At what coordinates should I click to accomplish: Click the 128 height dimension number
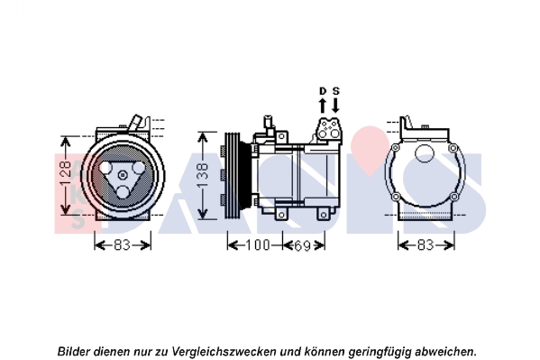pos(66,175)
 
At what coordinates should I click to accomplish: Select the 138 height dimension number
pos(203,175)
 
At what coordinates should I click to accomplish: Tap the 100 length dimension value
pos(258,245)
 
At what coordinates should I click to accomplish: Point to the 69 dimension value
pos(303,245)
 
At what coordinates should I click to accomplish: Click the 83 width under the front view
pos(123,245)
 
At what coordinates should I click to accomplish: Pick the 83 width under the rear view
pos(426,245)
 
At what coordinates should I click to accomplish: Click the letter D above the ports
pos(323,91)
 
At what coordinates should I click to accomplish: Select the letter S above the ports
pos(335,91)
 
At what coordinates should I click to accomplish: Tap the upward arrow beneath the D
pos(323,106)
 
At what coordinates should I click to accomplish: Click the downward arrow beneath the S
pos(335,106)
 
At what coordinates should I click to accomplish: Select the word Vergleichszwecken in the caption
pos(224,352)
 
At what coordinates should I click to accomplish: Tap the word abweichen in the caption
pos(444,351)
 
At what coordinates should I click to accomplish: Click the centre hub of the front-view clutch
pos(123,175)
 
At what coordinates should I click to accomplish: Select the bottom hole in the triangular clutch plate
pos(123,191)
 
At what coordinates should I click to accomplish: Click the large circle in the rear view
pos(425,153)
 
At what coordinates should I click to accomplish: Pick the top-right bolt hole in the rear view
pos(453,148)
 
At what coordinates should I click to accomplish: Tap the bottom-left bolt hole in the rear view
pos(396,197)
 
